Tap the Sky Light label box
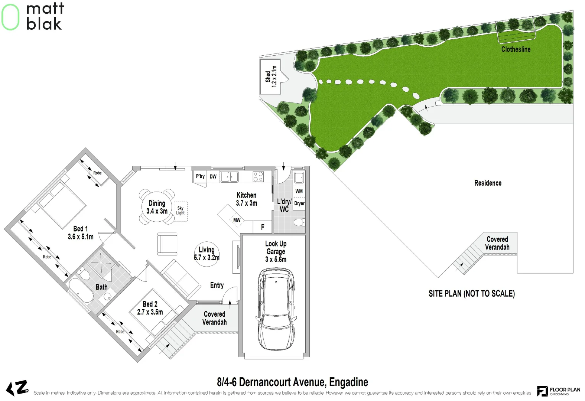181,211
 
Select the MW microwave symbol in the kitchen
237,220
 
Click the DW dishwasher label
213,177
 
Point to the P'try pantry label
200,176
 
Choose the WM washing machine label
299,191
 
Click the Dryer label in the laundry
299,203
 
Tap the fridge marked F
263,227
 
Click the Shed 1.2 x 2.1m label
271,76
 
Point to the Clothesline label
516,49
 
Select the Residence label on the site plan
488,183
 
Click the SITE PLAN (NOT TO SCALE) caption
471,294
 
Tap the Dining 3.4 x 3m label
157,207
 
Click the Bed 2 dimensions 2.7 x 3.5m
150,312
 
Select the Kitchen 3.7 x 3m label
246,199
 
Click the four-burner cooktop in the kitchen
258,177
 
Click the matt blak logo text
45,17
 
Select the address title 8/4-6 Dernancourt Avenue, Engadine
292,382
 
